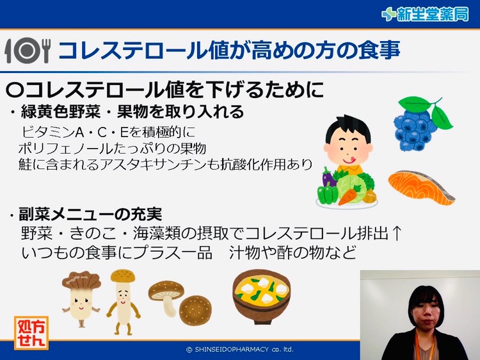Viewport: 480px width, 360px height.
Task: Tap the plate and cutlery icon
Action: [27, 51]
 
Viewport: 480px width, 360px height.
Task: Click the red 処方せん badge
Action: [31, 332]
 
